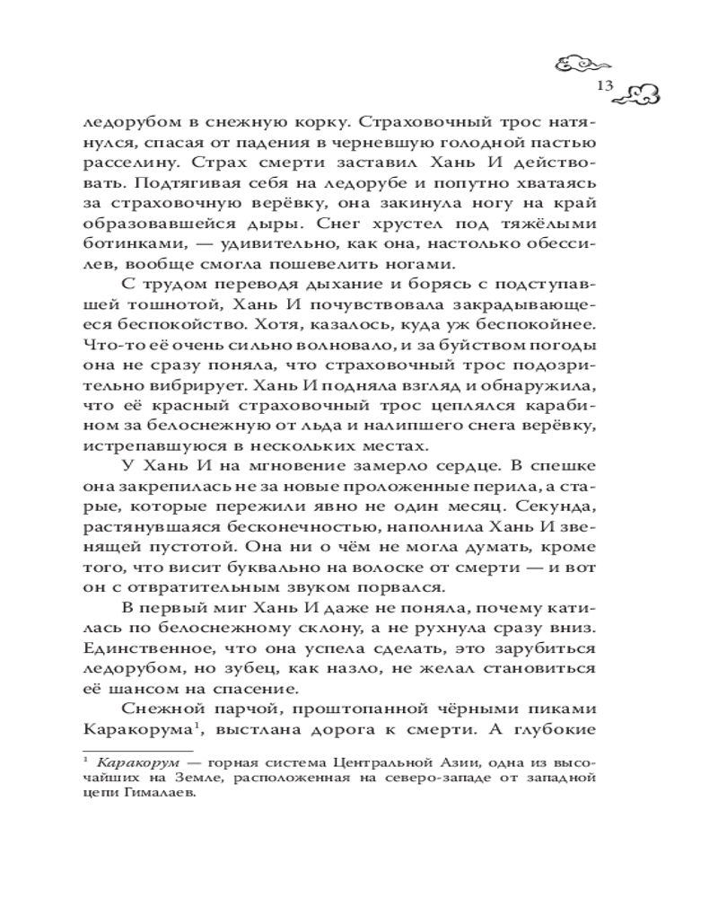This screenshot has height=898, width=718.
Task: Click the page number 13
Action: (602, 86)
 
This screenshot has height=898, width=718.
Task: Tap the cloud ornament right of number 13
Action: (641, 91)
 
